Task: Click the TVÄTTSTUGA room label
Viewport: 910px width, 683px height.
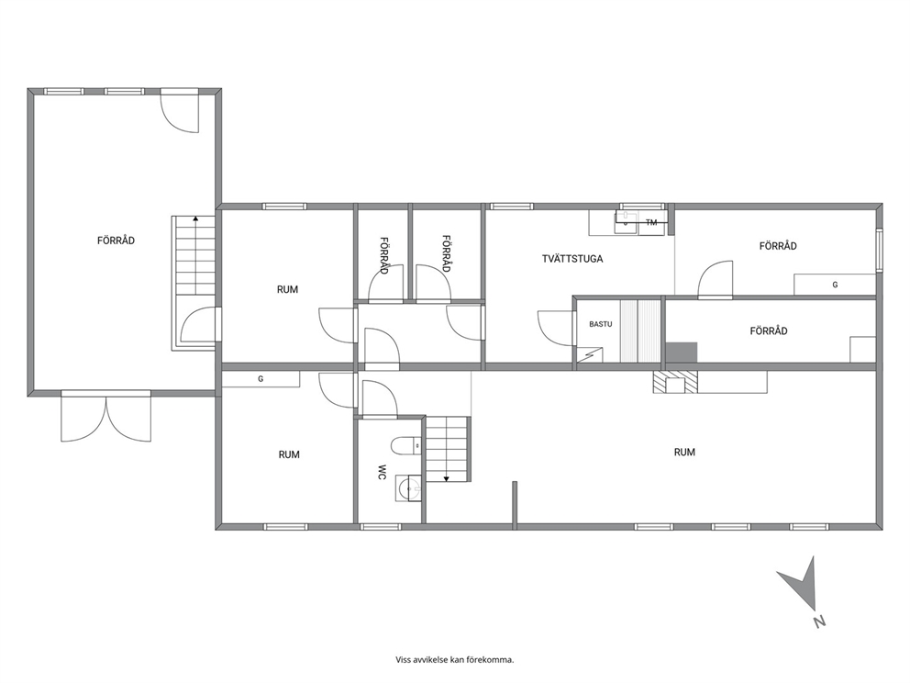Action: pos(572,259)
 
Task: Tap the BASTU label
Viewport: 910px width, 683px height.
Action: pos(601,324)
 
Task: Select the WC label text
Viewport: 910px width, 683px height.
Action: pos(382,472)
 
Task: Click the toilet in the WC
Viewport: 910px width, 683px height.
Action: pos(406,446)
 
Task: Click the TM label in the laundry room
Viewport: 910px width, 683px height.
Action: pos(651,222)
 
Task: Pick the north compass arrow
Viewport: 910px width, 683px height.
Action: pos(802,584)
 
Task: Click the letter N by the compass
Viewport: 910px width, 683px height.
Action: pos(819,621)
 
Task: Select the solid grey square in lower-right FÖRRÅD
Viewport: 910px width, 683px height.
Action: pos(681,353)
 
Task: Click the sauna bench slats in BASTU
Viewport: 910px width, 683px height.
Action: pos(640,331)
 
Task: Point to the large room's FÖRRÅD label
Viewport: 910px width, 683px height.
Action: pos(117,241)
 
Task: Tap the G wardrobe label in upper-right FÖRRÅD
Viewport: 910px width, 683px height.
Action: pos(835,285)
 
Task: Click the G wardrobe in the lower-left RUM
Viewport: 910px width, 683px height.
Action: pos(261,378)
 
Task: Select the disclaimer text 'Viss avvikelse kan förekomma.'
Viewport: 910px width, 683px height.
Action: pos(455,660)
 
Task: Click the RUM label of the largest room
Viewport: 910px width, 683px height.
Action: pos(684,452)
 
